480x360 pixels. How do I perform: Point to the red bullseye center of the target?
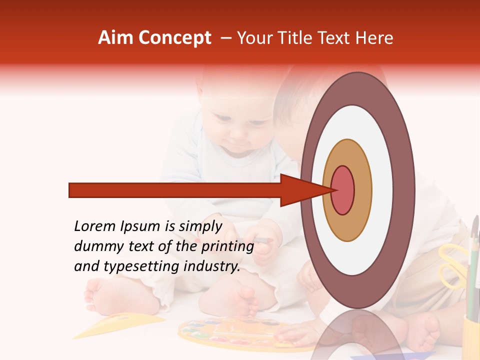(342, 190)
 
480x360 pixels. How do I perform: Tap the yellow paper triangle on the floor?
(129, 322)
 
